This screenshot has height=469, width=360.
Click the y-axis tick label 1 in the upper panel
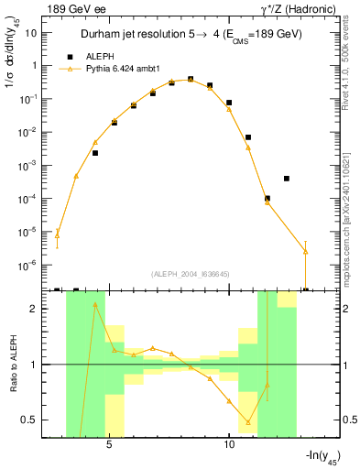coord(34,66)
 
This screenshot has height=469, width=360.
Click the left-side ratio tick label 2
coord(34,309)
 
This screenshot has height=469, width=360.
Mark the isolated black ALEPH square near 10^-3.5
coord(287,179)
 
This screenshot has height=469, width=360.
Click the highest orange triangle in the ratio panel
coord(95,305)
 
